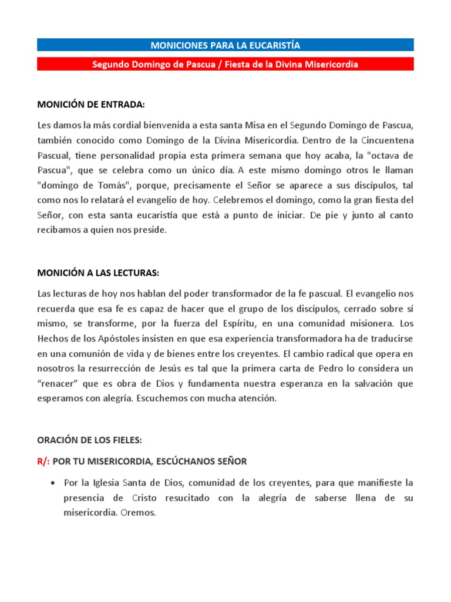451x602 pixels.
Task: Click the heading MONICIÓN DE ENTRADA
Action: tap(90, 105)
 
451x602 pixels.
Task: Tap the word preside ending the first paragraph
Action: tap(152, 230)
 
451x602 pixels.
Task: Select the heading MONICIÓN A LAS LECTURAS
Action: tap(98, 273)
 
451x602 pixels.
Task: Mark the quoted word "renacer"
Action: tap(58, 383)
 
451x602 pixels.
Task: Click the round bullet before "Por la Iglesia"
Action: tap(54, 483)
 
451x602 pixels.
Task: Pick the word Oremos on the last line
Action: tap(139, 513)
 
